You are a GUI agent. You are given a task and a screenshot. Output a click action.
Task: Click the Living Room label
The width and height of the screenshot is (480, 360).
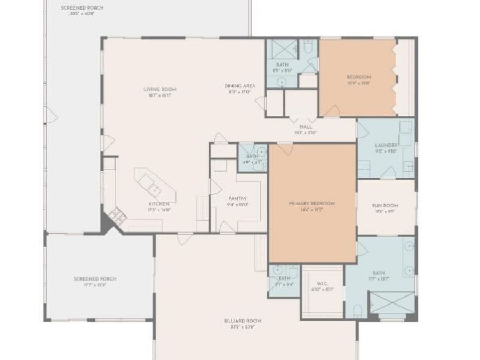159,89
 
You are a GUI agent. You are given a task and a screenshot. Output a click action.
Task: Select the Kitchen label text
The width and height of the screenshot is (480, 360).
159,204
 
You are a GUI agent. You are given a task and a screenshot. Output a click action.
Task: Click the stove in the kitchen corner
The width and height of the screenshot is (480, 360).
116,216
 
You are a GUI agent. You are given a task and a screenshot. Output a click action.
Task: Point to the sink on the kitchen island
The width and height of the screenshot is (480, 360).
154,188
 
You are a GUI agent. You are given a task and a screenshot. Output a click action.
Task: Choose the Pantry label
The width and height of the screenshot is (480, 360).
238,198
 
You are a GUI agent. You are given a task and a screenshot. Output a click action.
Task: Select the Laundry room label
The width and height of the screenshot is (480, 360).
386,145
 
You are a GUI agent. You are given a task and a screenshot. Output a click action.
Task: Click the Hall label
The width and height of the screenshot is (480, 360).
306,127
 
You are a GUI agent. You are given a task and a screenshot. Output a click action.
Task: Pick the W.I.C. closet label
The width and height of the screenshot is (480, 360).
322,283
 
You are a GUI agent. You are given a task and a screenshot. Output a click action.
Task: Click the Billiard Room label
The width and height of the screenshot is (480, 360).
243,321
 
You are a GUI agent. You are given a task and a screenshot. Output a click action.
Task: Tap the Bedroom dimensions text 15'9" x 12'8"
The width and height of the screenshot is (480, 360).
358,83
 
